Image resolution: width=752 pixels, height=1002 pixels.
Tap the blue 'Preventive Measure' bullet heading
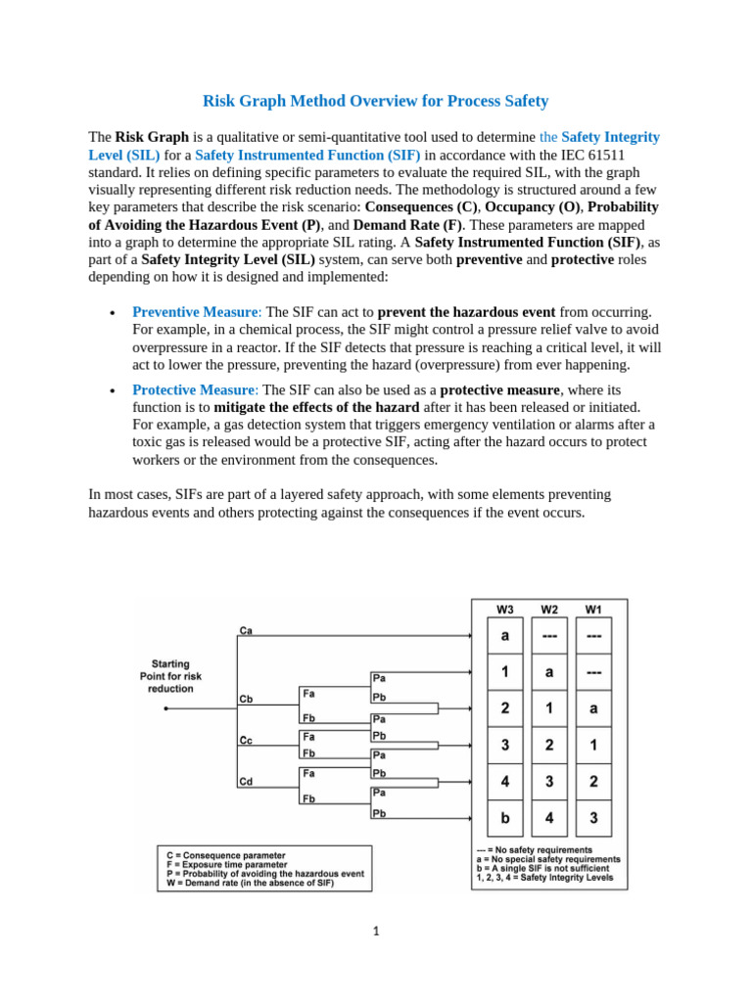194,311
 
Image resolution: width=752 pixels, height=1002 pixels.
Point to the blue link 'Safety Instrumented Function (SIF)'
308,155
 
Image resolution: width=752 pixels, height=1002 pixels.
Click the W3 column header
504,609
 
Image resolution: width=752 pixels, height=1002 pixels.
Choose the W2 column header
549,609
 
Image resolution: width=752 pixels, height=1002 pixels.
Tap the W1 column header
593,609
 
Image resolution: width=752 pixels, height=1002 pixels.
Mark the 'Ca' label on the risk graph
246,630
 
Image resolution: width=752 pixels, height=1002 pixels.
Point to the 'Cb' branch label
247,699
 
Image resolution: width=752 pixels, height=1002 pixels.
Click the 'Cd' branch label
247,781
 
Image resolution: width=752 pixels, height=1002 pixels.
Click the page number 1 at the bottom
375,931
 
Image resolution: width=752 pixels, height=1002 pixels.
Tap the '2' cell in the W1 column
593,781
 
